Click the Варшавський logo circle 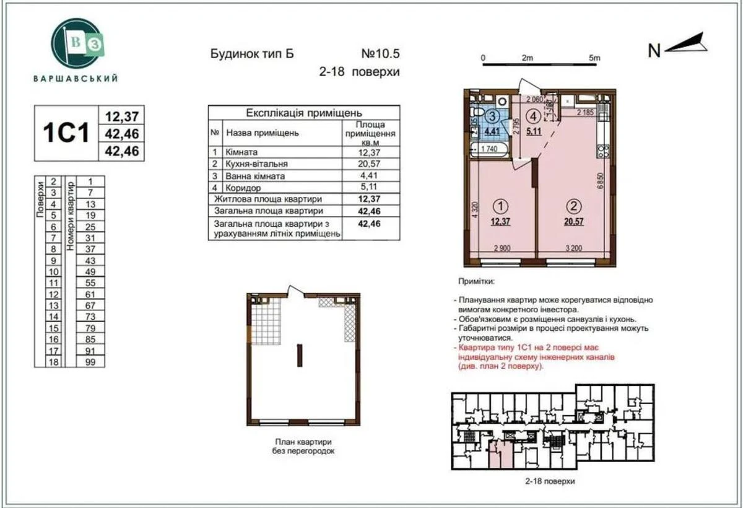(x=76, y=43)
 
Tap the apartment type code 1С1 (x=66, y=133)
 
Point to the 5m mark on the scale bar (x=594, y=58)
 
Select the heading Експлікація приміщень (x=303, y=113)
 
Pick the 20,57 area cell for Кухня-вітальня (x=371, y=164)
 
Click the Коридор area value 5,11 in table (x=371, y=187)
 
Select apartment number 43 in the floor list (x=90, y=260)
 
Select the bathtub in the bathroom (x=489, y=149)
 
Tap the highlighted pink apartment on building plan (x=501, y=456)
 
